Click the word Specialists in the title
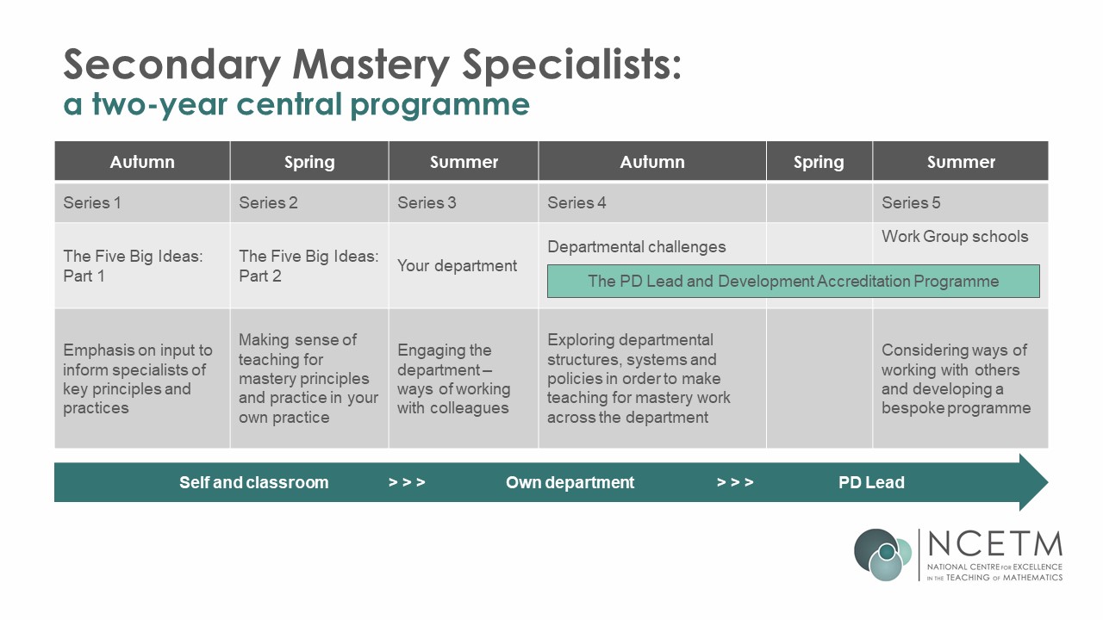coord(571,65)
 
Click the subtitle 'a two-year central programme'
coord(296,104)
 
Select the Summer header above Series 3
coord(464,162)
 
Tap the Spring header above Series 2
coord(309,163)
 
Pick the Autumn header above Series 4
coord(652,162)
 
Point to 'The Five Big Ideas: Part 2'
coord(308,266)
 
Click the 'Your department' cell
coord(457,266)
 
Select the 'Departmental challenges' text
coord(636,246)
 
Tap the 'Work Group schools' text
coord(955,236)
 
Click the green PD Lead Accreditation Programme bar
coord(794,281)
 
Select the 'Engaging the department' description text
coord(454,379)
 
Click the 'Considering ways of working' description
coord(956,379)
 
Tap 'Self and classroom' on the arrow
coord(253,482)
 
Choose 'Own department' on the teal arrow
coord(570,482)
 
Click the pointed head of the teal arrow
coord(1047,482)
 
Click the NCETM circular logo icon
coord(883,555)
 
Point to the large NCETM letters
coord(994,543)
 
